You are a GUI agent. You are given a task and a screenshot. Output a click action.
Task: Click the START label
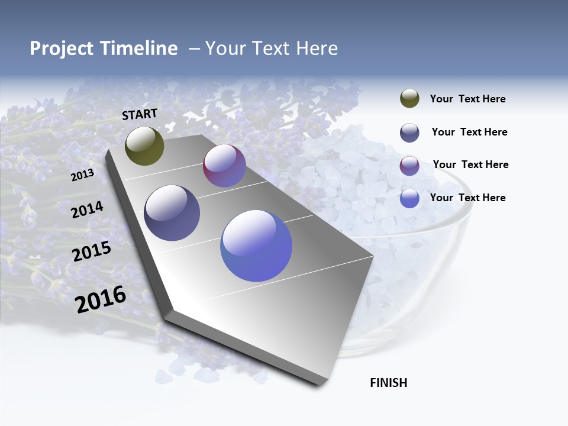click(x=140, y=114)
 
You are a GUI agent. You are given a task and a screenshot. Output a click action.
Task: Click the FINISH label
click(x=388, y=383)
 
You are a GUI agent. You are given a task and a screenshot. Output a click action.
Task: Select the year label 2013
click(x=82, y=175)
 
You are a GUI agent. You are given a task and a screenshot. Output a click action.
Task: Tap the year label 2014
click(x=87, y=209)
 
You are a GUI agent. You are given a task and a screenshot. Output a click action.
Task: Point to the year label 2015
click(x=91, y=251)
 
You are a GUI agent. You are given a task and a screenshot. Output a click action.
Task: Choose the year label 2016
click(x=101, y=299)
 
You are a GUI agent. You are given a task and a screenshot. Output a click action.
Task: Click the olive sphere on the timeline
click(x=144, y=146)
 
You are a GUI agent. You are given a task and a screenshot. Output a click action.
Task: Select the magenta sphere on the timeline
click(x=224, y=166)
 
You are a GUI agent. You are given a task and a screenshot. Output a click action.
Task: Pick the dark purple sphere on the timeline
click(x=172, y=213)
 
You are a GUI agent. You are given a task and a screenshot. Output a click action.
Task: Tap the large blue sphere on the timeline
click(x=256, y=246)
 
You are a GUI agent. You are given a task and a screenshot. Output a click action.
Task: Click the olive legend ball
click(x=409, y=99)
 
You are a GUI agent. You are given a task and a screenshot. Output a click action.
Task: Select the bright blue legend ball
click(x=409, y=198)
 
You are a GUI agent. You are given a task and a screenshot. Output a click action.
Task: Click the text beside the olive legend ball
click(x=467, y=99)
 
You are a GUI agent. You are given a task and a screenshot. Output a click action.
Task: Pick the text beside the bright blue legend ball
click(x=467, y=198)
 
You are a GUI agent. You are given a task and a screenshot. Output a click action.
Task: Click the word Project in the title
click(x=62, y=49)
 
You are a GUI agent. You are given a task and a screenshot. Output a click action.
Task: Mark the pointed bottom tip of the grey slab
click(x=319, y=384)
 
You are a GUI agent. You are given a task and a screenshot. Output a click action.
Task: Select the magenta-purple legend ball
click(x=409, y=166)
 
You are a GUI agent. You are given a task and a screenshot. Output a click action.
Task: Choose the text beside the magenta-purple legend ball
click(x=470, y=164)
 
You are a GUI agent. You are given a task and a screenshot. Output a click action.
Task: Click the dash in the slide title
click(x=194, y=49)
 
